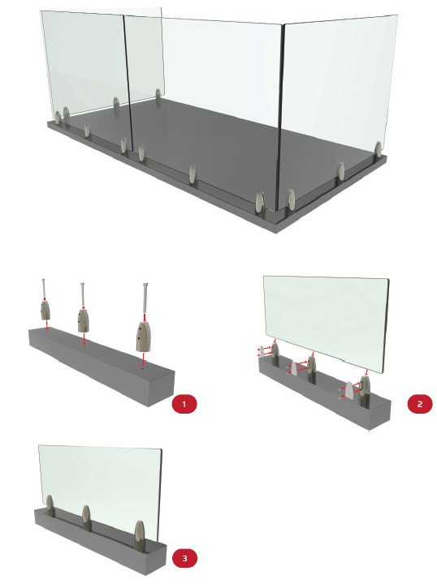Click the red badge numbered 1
[x=184, y=404]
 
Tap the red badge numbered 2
[x=420, y=404]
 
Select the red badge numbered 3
[x=184, y=558]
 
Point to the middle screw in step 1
[x=82, y=294]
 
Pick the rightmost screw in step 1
[x=145, y=303]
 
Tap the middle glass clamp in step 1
[x=83, y=320]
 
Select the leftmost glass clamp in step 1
[x=45, y=310]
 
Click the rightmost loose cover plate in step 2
[x=348, y=390]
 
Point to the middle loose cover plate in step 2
[x=294, y=368]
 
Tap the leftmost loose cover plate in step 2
[x=262, y=351]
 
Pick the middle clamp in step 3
[x=86, y=518]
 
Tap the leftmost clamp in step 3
[x=50, y=506]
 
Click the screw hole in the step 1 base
[x=143, y=368]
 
